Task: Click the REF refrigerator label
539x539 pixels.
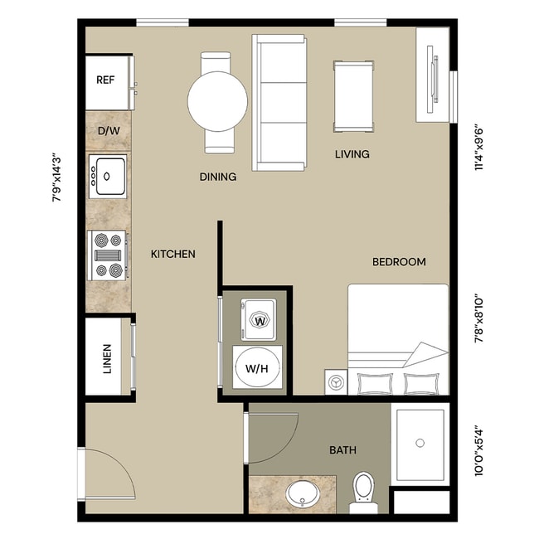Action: point(105,80)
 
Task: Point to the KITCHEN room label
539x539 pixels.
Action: point(172,254)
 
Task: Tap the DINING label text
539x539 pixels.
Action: point(218,177)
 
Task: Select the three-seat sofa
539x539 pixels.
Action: point(279,103)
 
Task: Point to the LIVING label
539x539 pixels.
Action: point(352,154)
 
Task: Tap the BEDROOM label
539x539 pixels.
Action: point(398,262)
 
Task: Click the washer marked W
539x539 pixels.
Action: point(260,320)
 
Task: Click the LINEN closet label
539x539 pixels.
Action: point(107,358)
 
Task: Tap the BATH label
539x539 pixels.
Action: point(342,450)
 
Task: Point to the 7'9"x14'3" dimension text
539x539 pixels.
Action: point(56,176)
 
